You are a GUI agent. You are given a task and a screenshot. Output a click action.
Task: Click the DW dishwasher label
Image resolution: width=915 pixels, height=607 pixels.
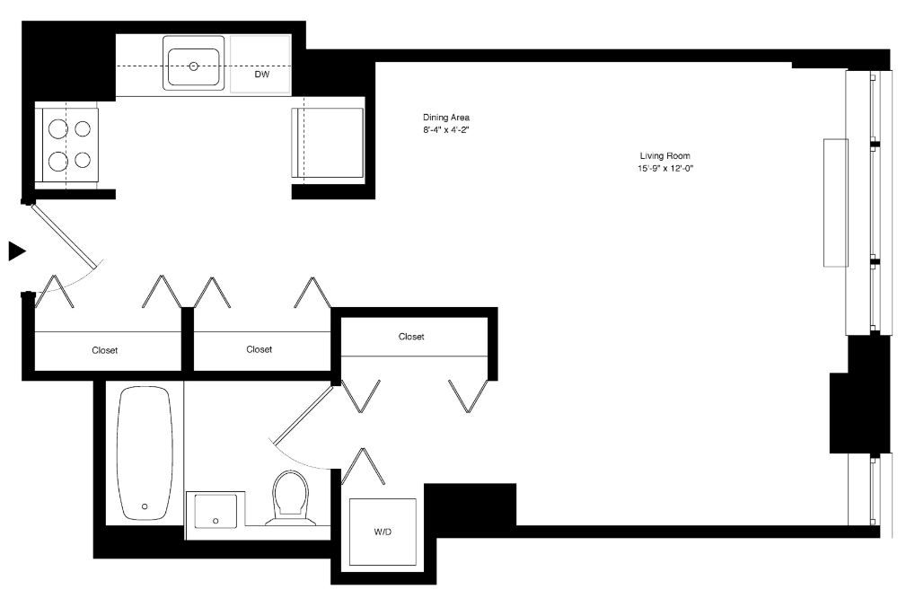point(261,75)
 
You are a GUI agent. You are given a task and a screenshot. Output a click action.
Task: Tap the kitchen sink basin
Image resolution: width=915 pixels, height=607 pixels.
point(193,63)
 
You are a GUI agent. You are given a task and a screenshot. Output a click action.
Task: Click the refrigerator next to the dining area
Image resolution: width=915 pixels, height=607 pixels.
point(328,144)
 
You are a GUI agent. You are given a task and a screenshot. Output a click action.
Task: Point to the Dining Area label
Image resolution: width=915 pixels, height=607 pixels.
point(446,118)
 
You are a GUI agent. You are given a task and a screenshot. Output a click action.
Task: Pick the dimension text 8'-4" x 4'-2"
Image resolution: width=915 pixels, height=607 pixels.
point(446,130)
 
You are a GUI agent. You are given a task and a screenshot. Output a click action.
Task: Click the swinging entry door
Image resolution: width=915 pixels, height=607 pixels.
point(63,235)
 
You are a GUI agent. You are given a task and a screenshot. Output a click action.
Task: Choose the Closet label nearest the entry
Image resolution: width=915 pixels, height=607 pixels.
point(105,350)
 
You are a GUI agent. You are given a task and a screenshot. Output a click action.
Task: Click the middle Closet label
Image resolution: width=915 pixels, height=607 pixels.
point(259,349)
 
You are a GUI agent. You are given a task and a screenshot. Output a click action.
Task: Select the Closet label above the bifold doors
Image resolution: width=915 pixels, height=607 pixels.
point(411,337)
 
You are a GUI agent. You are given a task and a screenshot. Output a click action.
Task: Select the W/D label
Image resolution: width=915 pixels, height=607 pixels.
point(383,532)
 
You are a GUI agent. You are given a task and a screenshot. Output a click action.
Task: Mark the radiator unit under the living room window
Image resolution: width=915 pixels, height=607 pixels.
point(836,202)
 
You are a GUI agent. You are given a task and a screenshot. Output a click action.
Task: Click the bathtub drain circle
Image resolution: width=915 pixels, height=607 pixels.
point(144,506)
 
